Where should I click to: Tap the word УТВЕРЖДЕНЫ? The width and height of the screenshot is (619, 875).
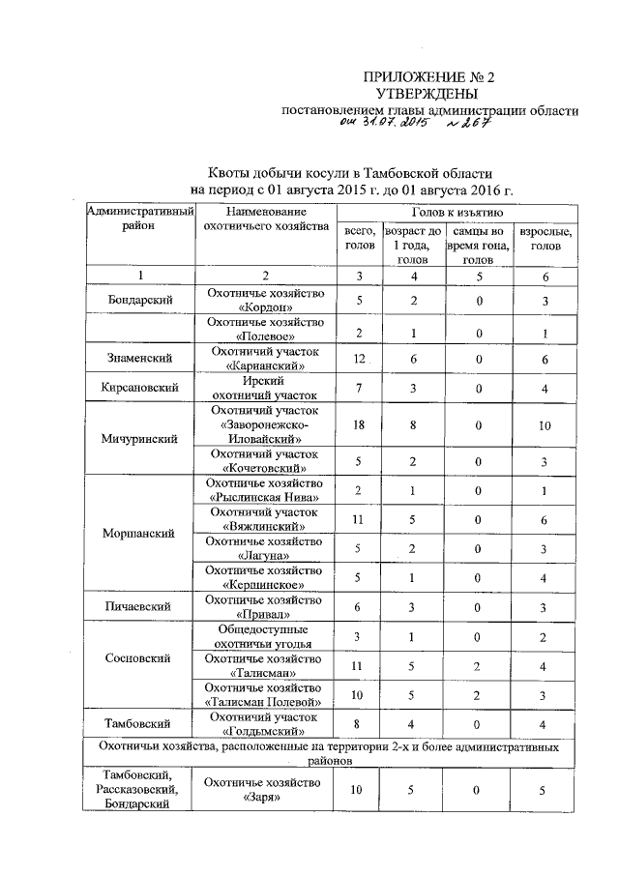pos(427,94)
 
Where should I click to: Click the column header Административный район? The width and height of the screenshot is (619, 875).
pos(140,218)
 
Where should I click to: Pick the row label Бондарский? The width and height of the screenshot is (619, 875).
pos(140,300)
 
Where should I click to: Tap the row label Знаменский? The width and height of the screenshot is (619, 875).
pos(140,359)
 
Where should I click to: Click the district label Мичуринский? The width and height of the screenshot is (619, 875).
pos(140,438)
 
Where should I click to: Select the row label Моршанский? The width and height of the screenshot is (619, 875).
pos(140,533)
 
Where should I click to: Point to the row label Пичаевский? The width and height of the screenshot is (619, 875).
pos(140,606)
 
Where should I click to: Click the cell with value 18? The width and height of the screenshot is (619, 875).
pos(358,425)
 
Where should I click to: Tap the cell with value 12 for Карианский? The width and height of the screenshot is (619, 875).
pos(358,359)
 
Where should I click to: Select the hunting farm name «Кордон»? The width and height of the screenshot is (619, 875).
pos(264,307)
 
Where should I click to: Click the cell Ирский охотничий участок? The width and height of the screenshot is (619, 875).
pos(264,389)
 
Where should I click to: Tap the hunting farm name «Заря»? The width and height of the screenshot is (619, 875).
pos(264,799)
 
